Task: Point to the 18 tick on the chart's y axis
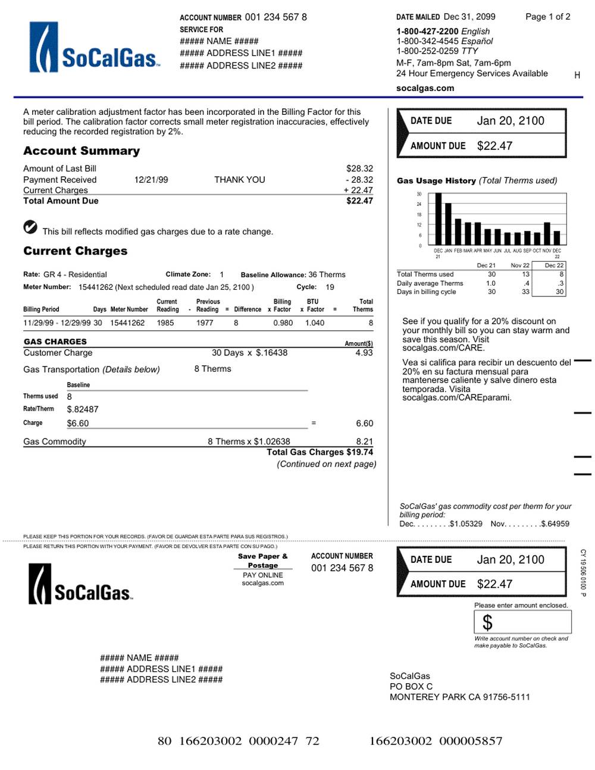(419, 214)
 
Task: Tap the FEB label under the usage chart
(458, 251)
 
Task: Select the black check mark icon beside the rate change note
(30, 227)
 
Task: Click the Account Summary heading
(82, 151)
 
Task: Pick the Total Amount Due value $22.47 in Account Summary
(359, 201)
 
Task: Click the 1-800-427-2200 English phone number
(427, 32)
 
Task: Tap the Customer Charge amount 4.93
(364, 353)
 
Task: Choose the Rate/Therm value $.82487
(83, 409)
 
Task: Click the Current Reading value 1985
(165, 323)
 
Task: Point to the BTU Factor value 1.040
(315, 323)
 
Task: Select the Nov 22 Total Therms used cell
(525, 274)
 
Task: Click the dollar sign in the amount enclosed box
(487, 622)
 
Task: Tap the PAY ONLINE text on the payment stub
(262, 575)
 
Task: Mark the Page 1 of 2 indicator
(547, 17)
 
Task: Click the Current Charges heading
(76, 251)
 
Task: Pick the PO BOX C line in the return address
(411, 687)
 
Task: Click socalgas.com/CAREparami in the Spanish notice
(456, 397)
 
